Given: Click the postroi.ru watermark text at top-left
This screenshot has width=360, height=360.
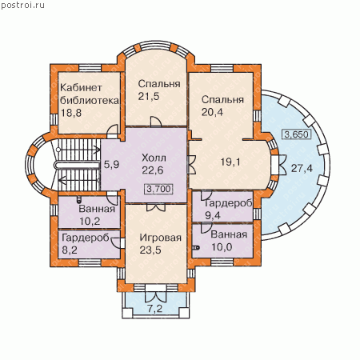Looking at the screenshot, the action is coord(22,5).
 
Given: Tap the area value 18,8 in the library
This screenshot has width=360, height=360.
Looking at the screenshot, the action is coord(71,113).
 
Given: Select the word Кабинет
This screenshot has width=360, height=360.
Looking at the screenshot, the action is coord(81,87).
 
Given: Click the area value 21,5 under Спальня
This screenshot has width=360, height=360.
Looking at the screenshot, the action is coord(149,96).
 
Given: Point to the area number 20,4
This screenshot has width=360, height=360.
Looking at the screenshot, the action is coord(212,112).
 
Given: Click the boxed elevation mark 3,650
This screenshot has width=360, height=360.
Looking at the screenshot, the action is coord(296,134).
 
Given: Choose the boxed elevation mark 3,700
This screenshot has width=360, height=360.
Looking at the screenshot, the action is coord(158,189).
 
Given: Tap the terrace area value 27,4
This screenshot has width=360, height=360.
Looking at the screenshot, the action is coord(302,168).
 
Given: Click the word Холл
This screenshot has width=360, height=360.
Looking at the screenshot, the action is coord(154,158).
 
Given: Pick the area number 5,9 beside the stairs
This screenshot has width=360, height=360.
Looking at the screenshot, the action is coord(111,165).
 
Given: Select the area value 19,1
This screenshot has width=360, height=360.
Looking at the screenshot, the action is coord(230,162).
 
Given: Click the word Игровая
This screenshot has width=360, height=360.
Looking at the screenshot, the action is coord(161,238).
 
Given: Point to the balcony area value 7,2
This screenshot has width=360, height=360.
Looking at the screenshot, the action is coord(155,309).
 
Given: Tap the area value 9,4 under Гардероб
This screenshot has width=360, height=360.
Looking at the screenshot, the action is coord(213,215).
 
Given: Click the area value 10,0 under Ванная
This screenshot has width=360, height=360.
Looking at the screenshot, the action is coord(222,247).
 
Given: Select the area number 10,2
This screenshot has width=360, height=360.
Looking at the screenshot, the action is coord(90,221).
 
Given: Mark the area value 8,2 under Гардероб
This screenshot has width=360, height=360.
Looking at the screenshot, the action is coord(70,250).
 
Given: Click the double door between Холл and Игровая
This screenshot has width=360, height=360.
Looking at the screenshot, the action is coord(156,207).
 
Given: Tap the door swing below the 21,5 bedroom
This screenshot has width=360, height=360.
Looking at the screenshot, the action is coord(156,122).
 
